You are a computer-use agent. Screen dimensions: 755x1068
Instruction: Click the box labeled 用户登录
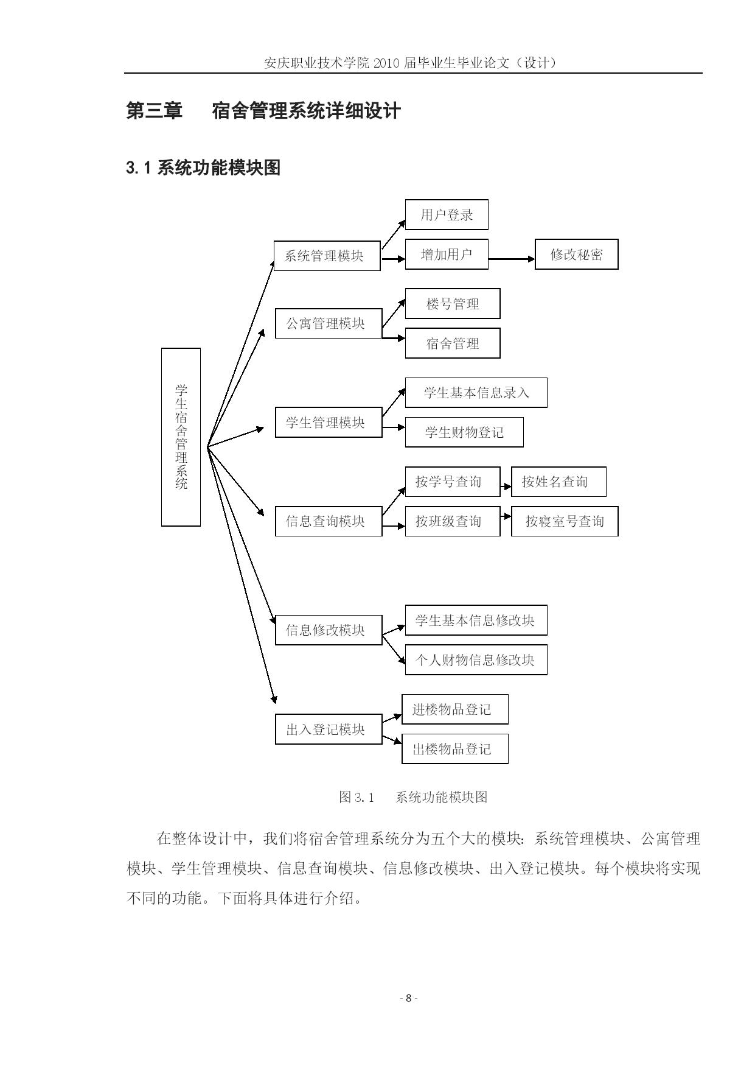click(447, 214)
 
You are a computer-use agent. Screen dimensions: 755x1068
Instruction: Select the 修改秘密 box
click(576, 255)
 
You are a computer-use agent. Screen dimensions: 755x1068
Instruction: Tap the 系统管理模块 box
click(327, 256)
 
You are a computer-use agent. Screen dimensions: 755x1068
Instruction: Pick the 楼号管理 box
click(453, 304)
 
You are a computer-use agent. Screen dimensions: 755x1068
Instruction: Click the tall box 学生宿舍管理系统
click(181, 437)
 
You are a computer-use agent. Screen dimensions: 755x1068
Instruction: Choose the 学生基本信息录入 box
click(476, 393)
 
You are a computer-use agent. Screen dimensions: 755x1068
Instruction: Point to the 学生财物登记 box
click(464, 432)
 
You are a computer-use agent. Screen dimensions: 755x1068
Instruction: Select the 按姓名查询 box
click(558, 482)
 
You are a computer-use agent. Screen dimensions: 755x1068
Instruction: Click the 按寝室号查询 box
click(565, 521)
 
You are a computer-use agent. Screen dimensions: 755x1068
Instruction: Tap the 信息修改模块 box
click(329, 630)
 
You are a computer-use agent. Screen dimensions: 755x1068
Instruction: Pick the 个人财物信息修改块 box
click(476, 659)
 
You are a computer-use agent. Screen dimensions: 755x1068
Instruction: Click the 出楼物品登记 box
click(455, 749)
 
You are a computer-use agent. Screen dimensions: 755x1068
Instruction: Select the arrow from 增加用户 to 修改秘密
click(512, 259)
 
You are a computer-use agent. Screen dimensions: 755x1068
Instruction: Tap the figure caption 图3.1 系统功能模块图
click(413, 796)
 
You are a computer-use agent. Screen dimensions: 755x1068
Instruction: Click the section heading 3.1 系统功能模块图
click(203, 167)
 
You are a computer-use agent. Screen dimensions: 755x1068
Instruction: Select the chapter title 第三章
click(154, 111)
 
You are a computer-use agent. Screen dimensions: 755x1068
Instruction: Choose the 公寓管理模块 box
click(329, 323)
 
